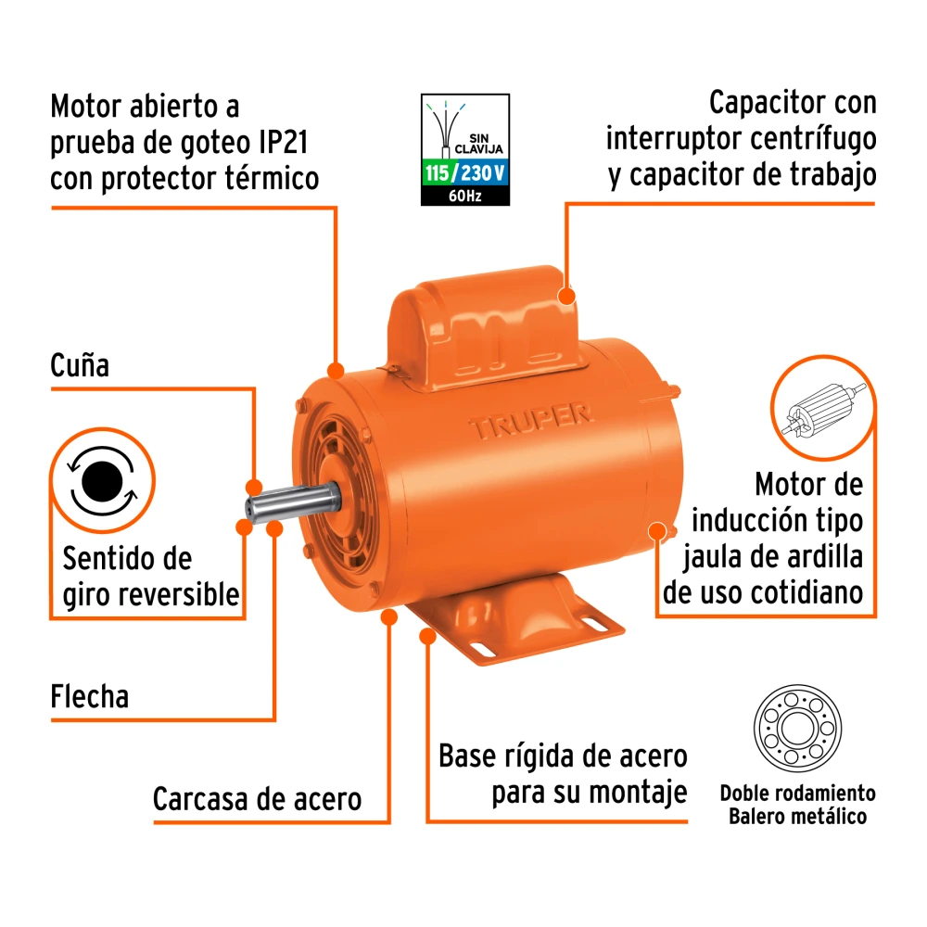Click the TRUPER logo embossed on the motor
tap(531, 420)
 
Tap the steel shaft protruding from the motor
tap(293, 502)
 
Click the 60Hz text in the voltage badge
tap(464, 196)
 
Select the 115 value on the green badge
tap(437, 173)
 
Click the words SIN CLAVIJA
tap(479, 144)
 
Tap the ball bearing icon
tap(797, 728)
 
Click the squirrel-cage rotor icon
tap(823, 408)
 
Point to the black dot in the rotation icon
tap(102, 481)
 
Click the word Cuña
tap(80, 365)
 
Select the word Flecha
tap(89, 696)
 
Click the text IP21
tap(283, 142)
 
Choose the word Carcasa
tap(202, 799)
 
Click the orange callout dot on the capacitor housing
tap(566, 296)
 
